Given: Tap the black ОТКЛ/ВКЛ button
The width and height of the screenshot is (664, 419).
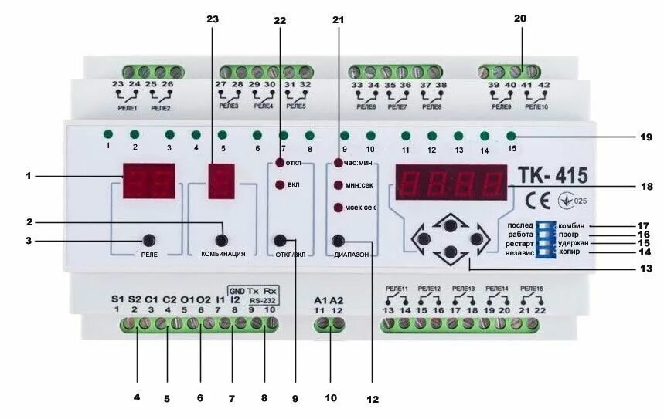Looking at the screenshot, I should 281,240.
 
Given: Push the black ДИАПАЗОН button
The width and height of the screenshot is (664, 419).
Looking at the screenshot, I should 339,241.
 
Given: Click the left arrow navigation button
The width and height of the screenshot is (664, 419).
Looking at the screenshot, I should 422,238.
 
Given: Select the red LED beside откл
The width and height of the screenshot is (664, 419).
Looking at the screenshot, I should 281,163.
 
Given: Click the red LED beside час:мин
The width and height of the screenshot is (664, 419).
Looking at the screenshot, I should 338,163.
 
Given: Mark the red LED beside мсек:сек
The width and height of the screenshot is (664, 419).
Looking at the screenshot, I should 338,208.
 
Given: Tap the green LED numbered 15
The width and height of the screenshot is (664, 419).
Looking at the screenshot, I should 511,137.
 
